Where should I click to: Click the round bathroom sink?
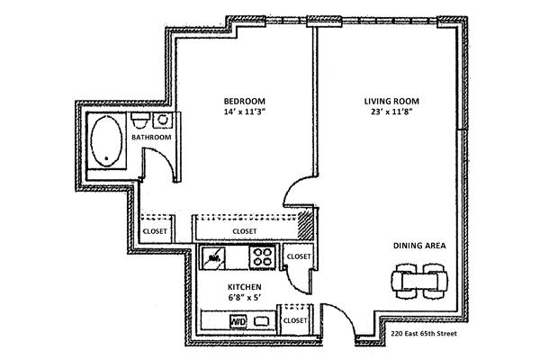[x=164, y=120]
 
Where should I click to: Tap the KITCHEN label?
[x=244, y=287]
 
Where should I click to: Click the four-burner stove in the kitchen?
[x=263, y=256]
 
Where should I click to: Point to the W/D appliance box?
[x=239, y=319]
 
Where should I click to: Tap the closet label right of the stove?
[x=298, y=256]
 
